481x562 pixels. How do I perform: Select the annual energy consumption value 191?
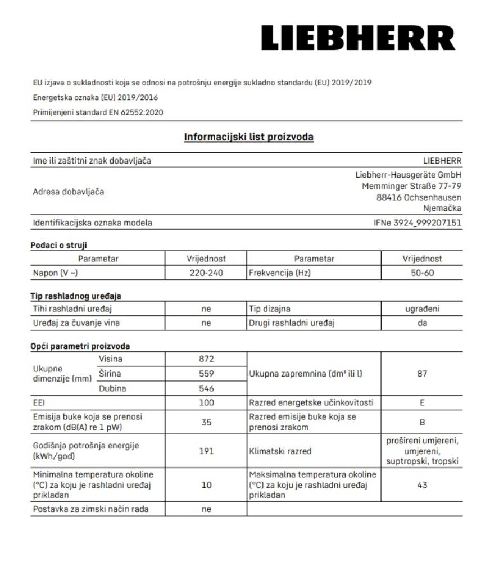coord(206,450)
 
